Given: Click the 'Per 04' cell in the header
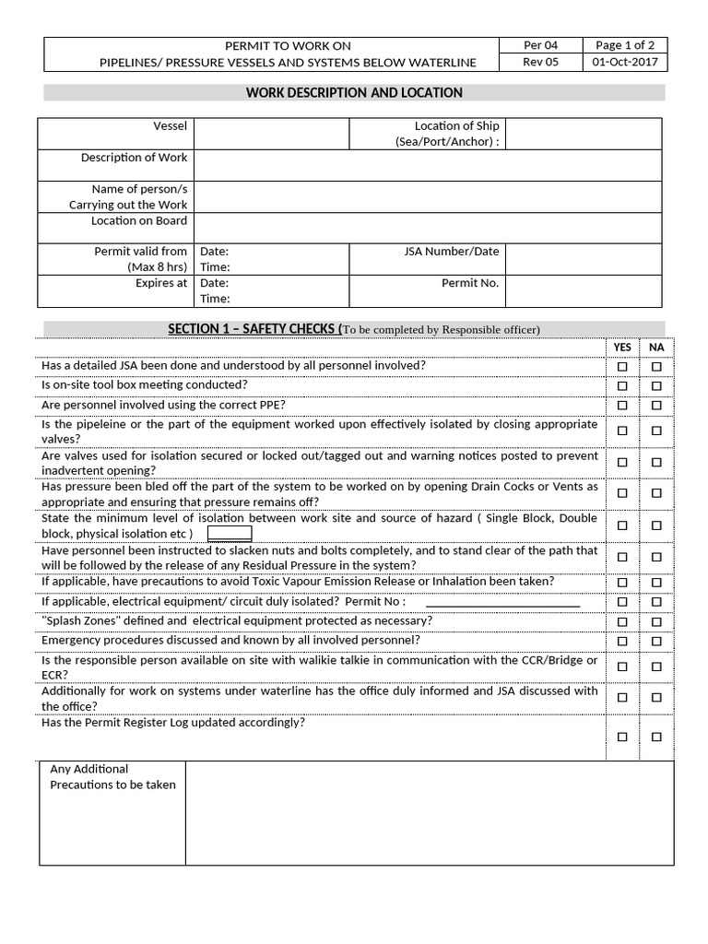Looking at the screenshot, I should [540, 45].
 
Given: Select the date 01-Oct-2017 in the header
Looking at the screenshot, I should [626, 63].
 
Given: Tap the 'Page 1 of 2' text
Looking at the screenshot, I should [626, 45].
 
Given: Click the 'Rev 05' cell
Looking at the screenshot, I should [540, 63].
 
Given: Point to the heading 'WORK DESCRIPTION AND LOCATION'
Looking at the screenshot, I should [354, 93].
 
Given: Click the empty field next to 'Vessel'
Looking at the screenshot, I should [271, 134].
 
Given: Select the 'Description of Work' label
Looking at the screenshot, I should [134, 158].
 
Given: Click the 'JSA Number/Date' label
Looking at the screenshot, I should [452, 252].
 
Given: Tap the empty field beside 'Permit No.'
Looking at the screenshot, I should [583, 291].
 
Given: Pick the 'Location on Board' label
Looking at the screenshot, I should [138, 221].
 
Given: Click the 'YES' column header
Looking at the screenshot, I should [623, 348].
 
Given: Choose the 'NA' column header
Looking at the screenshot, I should [656, 348].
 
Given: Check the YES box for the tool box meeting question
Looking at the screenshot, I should [622, 386].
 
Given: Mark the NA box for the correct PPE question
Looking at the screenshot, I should [656, 406].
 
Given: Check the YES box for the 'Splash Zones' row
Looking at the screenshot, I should [622, 622].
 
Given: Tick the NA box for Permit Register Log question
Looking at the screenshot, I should [656, 737].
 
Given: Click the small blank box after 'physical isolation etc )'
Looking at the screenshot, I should [230, 534].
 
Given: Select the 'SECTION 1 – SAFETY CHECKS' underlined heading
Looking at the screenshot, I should [253, 329].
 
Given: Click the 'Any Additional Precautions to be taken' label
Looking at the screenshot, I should [112, 777].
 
